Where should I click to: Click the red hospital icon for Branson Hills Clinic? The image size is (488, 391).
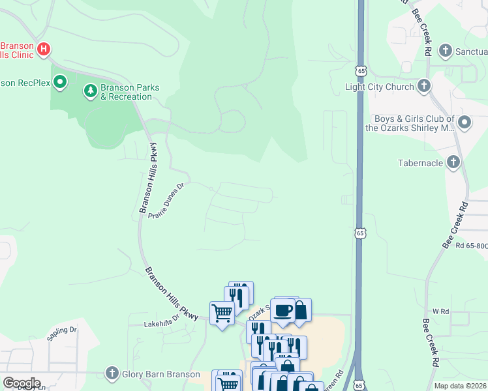point(44,49)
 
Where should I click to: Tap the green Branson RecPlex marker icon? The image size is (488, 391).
point(60,82)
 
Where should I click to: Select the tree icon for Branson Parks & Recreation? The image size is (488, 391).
point(90,92)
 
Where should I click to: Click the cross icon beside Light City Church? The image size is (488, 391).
point(423,87)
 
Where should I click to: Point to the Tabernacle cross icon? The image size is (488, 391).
point(453,162)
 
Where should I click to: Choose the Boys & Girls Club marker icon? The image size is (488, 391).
point(465,123)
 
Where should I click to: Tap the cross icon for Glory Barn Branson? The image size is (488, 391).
point(113,374)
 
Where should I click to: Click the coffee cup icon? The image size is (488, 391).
point(282,310)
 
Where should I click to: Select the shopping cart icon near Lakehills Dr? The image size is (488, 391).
point(222,313)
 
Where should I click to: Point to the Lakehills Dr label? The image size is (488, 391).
point(161,323)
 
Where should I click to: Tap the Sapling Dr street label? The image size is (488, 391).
point(62,333)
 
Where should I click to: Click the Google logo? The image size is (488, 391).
point(22,383)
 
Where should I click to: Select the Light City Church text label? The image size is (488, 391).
point(379,87)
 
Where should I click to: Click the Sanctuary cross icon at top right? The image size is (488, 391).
point(446,50)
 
